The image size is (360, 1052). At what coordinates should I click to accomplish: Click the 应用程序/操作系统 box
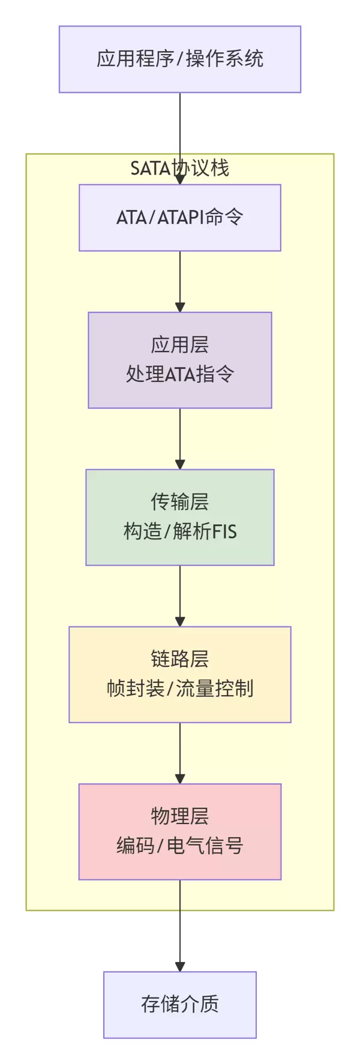180,59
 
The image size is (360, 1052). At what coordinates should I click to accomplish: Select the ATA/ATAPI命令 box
180,217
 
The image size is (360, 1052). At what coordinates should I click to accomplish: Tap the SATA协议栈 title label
180,168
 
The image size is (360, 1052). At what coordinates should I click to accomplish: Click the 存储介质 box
180,1004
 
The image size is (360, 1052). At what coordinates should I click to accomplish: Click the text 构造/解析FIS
180,531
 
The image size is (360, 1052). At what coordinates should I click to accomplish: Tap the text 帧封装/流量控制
180,689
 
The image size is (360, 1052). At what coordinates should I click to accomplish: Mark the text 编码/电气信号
180,846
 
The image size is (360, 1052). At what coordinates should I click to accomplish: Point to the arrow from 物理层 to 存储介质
180,924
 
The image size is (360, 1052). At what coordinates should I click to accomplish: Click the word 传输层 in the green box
180,501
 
